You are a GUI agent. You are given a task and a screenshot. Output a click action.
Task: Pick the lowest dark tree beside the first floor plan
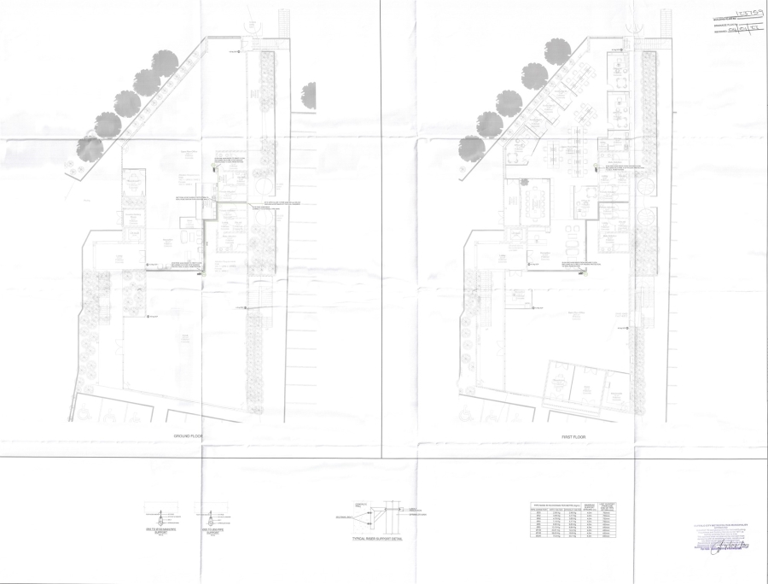point(471,148)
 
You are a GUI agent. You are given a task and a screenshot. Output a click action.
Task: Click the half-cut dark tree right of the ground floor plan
point(309,95)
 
